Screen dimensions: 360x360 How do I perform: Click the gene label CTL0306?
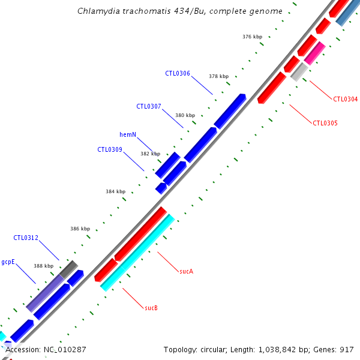[178, 74]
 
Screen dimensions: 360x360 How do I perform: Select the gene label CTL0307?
[148, 107]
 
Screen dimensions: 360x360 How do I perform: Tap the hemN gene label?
[128, 134]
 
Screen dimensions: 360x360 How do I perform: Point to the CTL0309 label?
[109, 149]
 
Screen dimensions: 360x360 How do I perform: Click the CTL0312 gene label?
[26, 238]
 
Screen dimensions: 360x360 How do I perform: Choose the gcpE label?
[8, 262]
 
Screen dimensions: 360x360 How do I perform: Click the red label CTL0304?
[345, 100]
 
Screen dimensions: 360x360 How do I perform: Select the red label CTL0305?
[325, 124]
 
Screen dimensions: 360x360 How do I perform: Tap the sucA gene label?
[186, 272]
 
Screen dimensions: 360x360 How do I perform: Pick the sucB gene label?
[151, 308]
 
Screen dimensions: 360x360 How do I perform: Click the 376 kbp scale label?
[252, 37]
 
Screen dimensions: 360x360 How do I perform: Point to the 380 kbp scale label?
[185, 115]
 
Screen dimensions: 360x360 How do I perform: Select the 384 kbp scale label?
[115, 192]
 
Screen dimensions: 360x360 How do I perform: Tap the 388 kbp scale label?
[43, 266]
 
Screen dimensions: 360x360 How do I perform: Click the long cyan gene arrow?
[137, 253]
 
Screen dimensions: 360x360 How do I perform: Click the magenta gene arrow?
[314, 53]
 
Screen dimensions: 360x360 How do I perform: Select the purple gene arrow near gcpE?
[45, 293]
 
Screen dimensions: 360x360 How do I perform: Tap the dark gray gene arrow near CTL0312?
[68, 269]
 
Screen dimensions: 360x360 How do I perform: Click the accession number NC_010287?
[65, 349]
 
